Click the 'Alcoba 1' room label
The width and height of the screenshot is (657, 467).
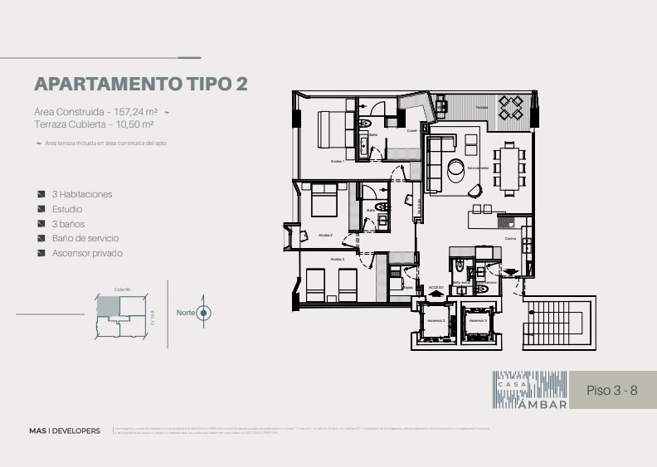338,162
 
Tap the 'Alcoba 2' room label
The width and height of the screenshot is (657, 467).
326,236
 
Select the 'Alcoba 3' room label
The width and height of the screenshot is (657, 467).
338,260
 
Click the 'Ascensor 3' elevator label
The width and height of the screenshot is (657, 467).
477,320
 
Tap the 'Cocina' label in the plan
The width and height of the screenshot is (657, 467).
510,239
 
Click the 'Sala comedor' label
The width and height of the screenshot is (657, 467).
476,168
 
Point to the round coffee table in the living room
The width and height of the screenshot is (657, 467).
457,170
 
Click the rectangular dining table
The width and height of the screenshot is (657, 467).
509,168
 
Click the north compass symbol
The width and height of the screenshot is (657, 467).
204,313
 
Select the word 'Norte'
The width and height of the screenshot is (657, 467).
185,313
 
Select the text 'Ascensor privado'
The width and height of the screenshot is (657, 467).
87,253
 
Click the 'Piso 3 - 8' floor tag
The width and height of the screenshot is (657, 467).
611,390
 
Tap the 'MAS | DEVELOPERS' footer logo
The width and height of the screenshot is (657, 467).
65,431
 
